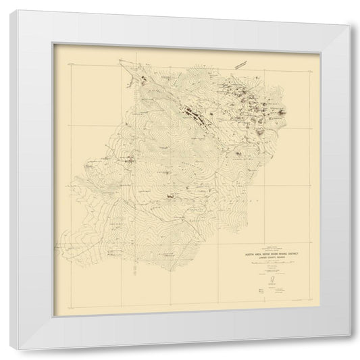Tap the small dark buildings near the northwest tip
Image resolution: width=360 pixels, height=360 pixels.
tap(144, 79)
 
